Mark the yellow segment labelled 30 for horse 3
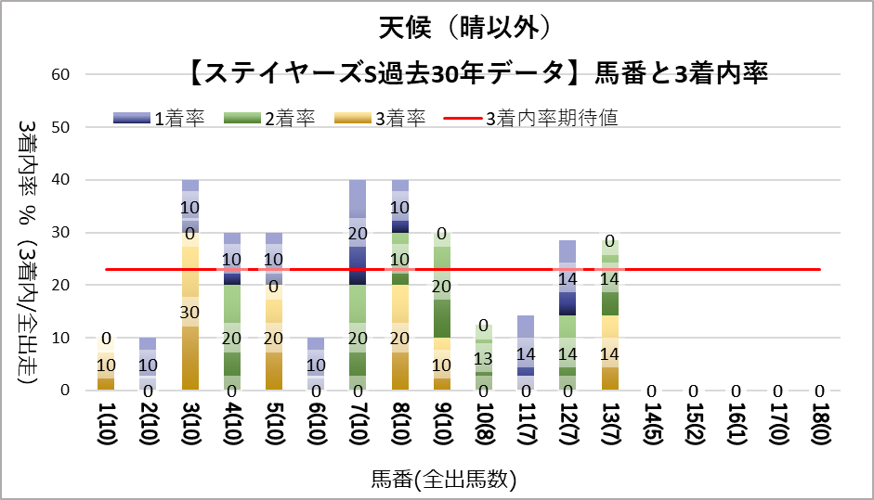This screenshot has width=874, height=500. (190, 311)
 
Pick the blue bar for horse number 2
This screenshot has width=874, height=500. (148, 364)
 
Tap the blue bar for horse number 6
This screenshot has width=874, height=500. (316, 364)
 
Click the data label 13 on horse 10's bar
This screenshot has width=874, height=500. (484, 359)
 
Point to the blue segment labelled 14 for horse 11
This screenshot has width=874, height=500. (526, 353)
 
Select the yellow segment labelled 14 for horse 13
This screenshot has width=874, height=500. (609, 353)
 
